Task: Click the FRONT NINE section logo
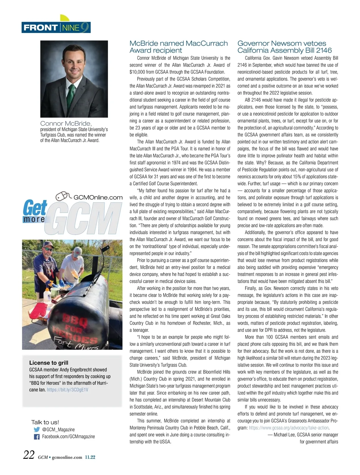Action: [x=56, y=28]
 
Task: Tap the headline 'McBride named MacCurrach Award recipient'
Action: [x=178, y=47]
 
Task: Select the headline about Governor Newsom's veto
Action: [x=284, y=47]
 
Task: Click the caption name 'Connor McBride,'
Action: [x=66, y=123]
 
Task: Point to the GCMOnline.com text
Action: [x=98, y=197]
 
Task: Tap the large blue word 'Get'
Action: [x=35, y=207]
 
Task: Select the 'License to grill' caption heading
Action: [x=49, y=363]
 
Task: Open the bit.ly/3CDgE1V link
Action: [x=67, y=390]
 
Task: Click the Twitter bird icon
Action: [x=37, y=430]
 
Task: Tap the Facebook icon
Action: [x=37, y=437]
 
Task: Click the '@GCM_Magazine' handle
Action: [x=58, y=430]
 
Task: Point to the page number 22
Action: [x=29, y=455]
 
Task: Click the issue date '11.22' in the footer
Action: [x=90, y=457]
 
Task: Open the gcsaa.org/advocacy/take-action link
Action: [x=289, y=428]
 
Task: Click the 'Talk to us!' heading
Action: [x=45, y=422]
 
